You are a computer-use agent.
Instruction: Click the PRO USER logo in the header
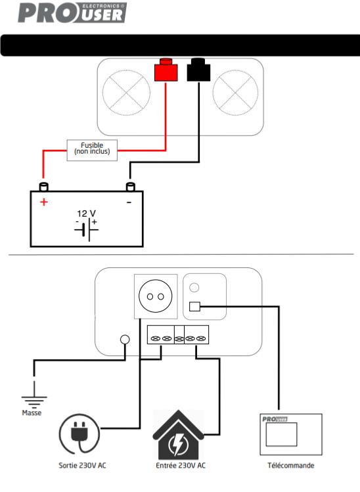click(72, 13)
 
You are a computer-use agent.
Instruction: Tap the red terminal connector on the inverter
click(166, 70)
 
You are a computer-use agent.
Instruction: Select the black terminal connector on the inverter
click(198, 70)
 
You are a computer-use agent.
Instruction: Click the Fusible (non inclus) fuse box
click(92, 150)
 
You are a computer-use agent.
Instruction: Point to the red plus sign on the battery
click(44, 202)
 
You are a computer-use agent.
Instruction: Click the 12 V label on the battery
click(86, 213)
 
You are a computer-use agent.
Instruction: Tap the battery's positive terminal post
click(43, 187)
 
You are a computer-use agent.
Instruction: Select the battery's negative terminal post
click(130, 187)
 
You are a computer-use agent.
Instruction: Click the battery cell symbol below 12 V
click(87, 230)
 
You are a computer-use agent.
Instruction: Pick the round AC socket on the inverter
click(155, 296)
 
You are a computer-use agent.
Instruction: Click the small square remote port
click(194, 306)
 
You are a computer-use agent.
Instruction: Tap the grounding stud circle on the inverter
click(125, 339)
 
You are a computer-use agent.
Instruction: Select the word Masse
click(32, 413)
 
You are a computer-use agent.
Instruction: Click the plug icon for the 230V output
click(79, 434)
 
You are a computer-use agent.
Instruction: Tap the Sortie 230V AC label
click(83, 465)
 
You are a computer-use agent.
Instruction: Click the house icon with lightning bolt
click(178, 435)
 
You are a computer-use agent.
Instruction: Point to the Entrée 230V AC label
click(181, 465)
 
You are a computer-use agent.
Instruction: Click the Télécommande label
click(291, 465)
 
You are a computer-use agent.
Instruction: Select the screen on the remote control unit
click(281, 434)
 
